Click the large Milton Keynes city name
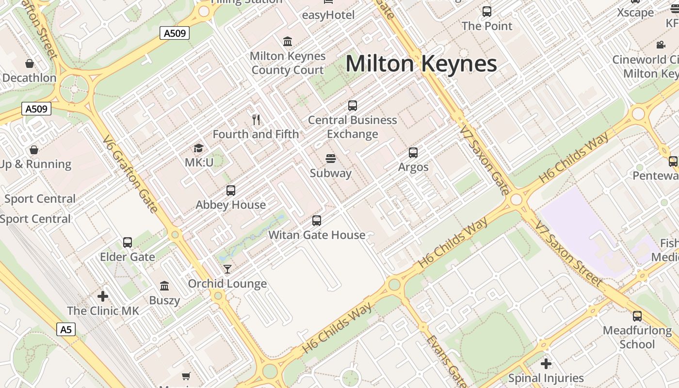point(421,64)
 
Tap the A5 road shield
point(66,330)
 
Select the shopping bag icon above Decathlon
point(30,64)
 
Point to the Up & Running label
point(35,164)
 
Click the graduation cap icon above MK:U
point(198,148)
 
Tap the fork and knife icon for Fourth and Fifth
point(256,119)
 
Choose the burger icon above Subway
point(331,159)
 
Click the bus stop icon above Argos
point(413,153)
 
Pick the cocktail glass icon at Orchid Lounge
point(227,269)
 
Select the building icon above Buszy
point(164,286)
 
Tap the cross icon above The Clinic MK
point(103,296)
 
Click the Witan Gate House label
point(317,235)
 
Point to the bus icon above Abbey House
point(231,191)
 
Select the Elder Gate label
point(128,257)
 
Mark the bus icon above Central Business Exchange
point(353,105)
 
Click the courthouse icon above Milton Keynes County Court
point(288,41)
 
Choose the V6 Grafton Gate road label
point(130,174)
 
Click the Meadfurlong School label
point(637,338)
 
